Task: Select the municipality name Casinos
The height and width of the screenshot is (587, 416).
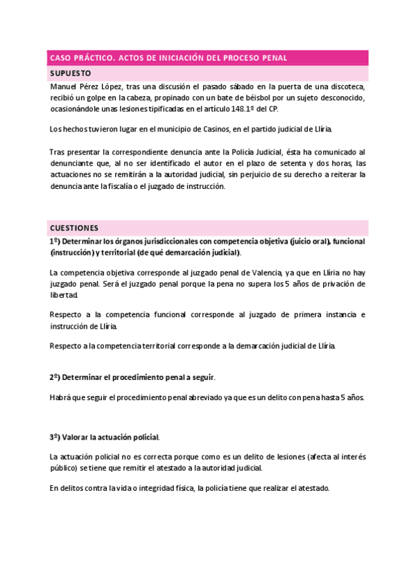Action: tap(207, 129)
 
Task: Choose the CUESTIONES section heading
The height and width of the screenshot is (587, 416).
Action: tap(74, 228)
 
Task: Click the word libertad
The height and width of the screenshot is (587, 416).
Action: tap(65, 296)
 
